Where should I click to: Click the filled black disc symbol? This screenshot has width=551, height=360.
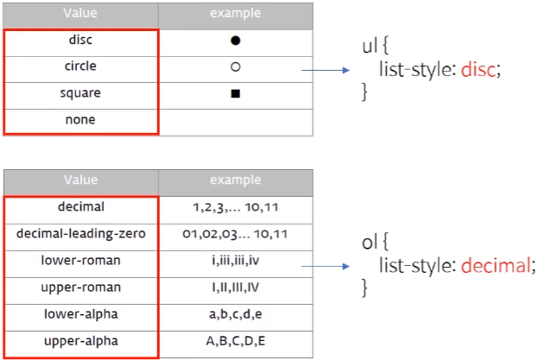point(236,41)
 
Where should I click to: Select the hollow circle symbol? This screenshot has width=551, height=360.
point(236,66)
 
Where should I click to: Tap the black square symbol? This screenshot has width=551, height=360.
point(236,93)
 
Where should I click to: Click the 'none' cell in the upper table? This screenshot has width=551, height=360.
point(80,120)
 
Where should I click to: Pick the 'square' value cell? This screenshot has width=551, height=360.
point(80,93)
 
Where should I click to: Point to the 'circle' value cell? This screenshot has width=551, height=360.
point(80,66)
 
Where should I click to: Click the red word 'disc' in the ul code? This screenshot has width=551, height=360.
point(478,70)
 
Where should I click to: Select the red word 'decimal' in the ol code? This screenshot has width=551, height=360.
point(496,265)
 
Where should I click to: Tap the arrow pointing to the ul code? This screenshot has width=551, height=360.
point(326,70)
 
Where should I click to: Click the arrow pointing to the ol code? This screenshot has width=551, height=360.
point(326,266)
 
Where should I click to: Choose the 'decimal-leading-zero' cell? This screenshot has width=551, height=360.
point(81,234)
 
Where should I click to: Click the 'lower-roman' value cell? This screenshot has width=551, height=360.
point(81,260)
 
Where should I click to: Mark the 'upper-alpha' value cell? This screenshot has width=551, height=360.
point(81,341)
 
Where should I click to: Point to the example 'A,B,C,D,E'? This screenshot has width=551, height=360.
point(236,341)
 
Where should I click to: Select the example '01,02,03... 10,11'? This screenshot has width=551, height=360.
point(235,234)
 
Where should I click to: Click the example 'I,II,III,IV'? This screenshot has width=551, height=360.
point(236,287)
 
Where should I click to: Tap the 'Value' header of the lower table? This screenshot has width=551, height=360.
point(81,180)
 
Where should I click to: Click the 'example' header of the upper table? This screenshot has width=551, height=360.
point(236,13)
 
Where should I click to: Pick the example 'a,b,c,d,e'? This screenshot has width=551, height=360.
point(236,314)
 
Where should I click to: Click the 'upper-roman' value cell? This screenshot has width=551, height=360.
point(81,287)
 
